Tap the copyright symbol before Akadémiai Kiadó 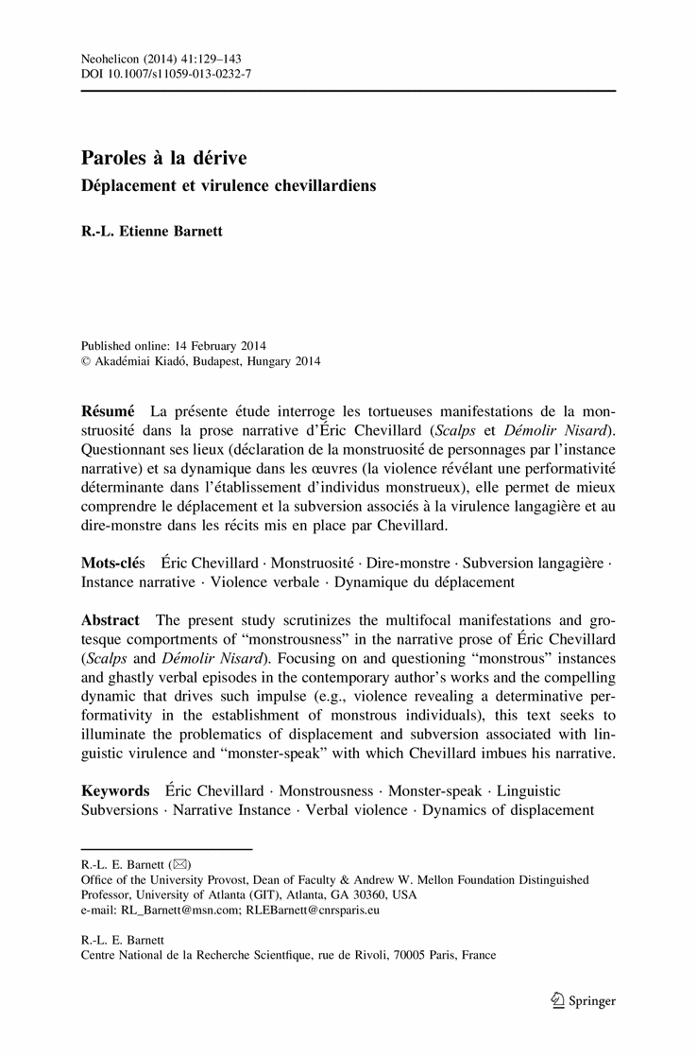click(86, 361)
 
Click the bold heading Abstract click(110, 620)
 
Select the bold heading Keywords click(115, 789)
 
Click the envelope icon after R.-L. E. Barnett click(179, 864)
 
